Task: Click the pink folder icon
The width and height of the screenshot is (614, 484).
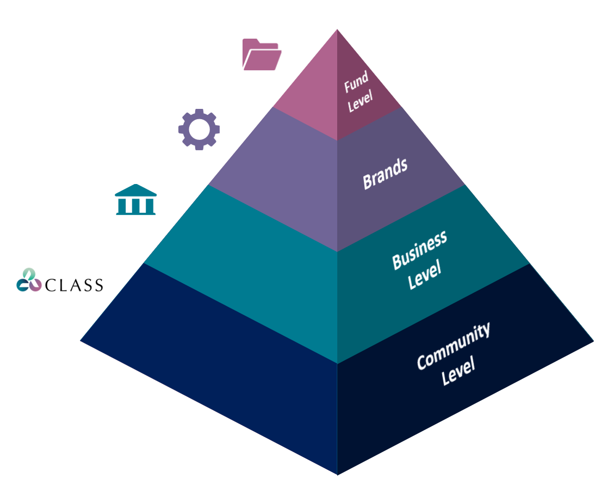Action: tap(261, 54)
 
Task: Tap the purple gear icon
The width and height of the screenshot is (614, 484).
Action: tap(199, 129)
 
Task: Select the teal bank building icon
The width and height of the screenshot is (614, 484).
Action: tap(135, 199)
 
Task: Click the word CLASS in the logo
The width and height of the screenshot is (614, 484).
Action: tap(74, 285)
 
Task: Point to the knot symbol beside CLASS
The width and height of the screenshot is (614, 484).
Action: tap(29, 280)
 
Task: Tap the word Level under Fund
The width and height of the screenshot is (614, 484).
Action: tap(360, 101)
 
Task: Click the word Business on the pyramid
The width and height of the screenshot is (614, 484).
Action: tap(419, 249)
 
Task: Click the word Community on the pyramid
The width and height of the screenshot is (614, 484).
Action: tap(453, 346)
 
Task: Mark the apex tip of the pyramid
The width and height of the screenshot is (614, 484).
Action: tap(337, 30)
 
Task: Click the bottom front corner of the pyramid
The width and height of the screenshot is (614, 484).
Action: tap(337, 473)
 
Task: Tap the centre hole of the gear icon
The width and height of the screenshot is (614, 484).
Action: tap(199, 129)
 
